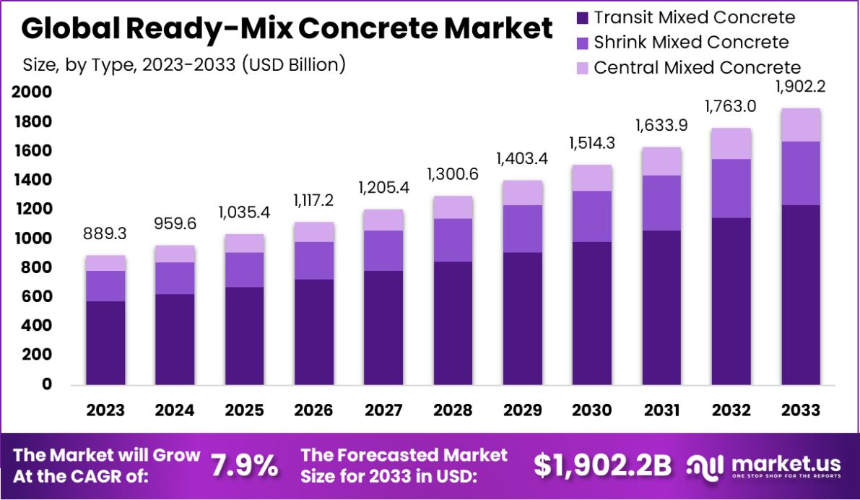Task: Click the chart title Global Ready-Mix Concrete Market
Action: [x=287, y=29]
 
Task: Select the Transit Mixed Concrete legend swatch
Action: [x=581, y=18]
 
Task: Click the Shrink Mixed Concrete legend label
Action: [x=691, y=43]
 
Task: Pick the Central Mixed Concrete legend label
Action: [x=697, y=68]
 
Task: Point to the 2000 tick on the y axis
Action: [x=31, y=92]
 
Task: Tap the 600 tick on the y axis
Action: [x=36, y=297]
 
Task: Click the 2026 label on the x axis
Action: [x=313, y=410]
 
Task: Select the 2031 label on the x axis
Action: [x=661, y=410]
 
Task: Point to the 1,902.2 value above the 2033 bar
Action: [x=801, y=87]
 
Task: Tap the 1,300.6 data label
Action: [x=453, y=174]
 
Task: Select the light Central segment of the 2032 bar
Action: [x=731, y=144]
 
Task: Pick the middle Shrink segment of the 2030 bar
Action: [x=592, y=216]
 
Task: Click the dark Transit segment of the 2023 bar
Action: [x=105, y=342]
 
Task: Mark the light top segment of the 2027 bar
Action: [x=383, y=220]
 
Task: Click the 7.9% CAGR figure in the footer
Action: [x=244, y=466]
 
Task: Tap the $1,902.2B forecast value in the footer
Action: [x=603, y=466]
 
